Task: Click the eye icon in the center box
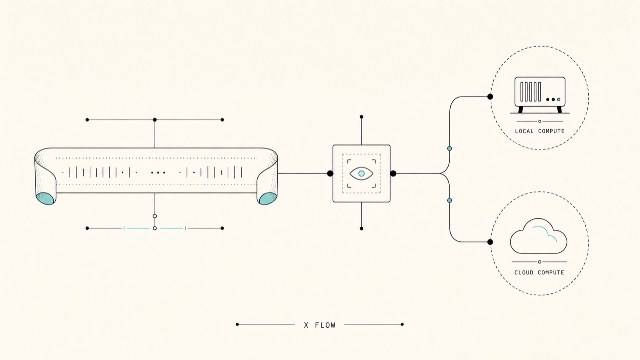(x=361, y=173)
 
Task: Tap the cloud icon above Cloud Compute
(x=539, y=236)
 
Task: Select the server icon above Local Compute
(x=540, y=95)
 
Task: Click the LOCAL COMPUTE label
(x=540, y=131)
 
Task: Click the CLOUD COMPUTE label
(x=539, y=273)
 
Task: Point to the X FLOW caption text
(x=320, y=325)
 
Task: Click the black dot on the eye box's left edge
(x=330, y=173)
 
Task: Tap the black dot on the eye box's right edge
(x=393, y=173)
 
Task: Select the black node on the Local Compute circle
(x=490, y=97)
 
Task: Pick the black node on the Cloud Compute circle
(x=490, y=242)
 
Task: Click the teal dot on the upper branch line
(x=449, y=149)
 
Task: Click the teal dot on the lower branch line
(x=449, y=201)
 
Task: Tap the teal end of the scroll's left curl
(x=45, y=199)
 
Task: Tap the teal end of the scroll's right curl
(x=268, y=199)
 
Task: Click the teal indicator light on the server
(x=559, y=99)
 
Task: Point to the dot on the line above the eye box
(x=361, y=117)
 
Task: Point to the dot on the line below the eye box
(x=361, y=229)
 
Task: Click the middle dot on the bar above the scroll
(x=155, y=120)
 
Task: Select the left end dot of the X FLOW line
(x=237, y=324)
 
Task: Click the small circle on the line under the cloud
(x=539, y=262)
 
